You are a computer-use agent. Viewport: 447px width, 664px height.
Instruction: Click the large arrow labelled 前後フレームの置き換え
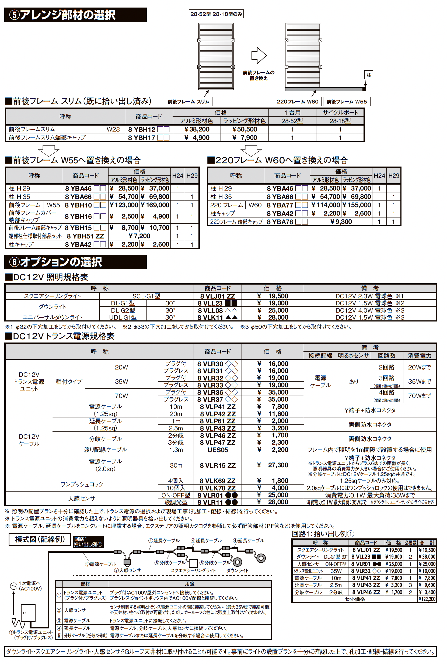click(259, 55)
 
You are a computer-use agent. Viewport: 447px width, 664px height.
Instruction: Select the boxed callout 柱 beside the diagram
click(369, 75)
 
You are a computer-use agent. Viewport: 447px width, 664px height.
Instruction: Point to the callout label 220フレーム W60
click(297, 102)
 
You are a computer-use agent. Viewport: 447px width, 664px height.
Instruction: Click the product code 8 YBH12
click(142, 130)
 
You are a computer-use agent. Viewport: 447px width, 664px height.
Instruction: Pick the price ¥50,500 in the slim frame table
click(245, 130)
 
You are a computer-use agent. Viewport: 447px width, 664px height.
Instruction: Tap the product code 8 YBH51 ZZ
click(85, 236)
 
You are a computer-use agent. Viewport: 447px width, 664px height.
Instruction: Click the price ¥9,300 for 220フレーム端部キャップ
click(341, 222)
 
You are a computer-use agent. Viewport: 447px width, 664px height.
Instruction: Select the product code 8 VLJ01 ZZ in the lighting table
click(217, 296)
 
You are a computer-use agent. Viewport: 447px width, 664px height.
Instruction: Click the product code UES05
click(218, 450)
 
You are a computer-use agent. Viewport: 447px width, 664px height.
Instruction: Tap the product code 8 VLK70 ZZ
click(217, 488)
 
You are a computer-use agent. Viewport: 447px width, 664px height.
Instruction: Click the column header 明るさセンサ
click(353, 356)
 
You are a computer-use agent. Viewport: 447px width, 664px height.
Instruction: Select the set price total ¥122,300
click(427, 599)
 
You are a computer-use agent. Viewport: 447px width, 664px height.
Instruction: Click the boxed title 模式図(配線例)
click(40, 539)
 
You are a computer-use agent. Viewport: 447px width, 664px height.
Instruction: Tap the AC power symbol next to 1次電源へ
click(13, 586)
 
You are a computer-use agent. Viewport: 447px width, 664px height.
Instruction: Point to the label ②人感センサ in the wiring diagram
click(127, 570)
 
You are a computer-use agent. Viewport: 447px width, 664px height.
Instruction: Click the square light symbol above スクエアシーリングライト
click(193, 563)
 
